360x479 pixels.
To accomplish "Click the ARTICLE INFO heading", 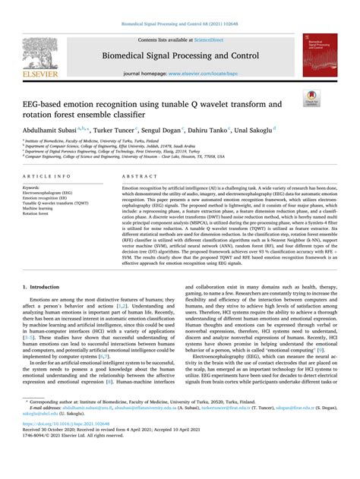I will point(48,175).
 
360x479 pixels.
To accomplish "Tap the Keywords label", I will point(31,187).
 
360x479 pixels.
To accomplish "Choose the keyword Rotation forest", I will point(39,213).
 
